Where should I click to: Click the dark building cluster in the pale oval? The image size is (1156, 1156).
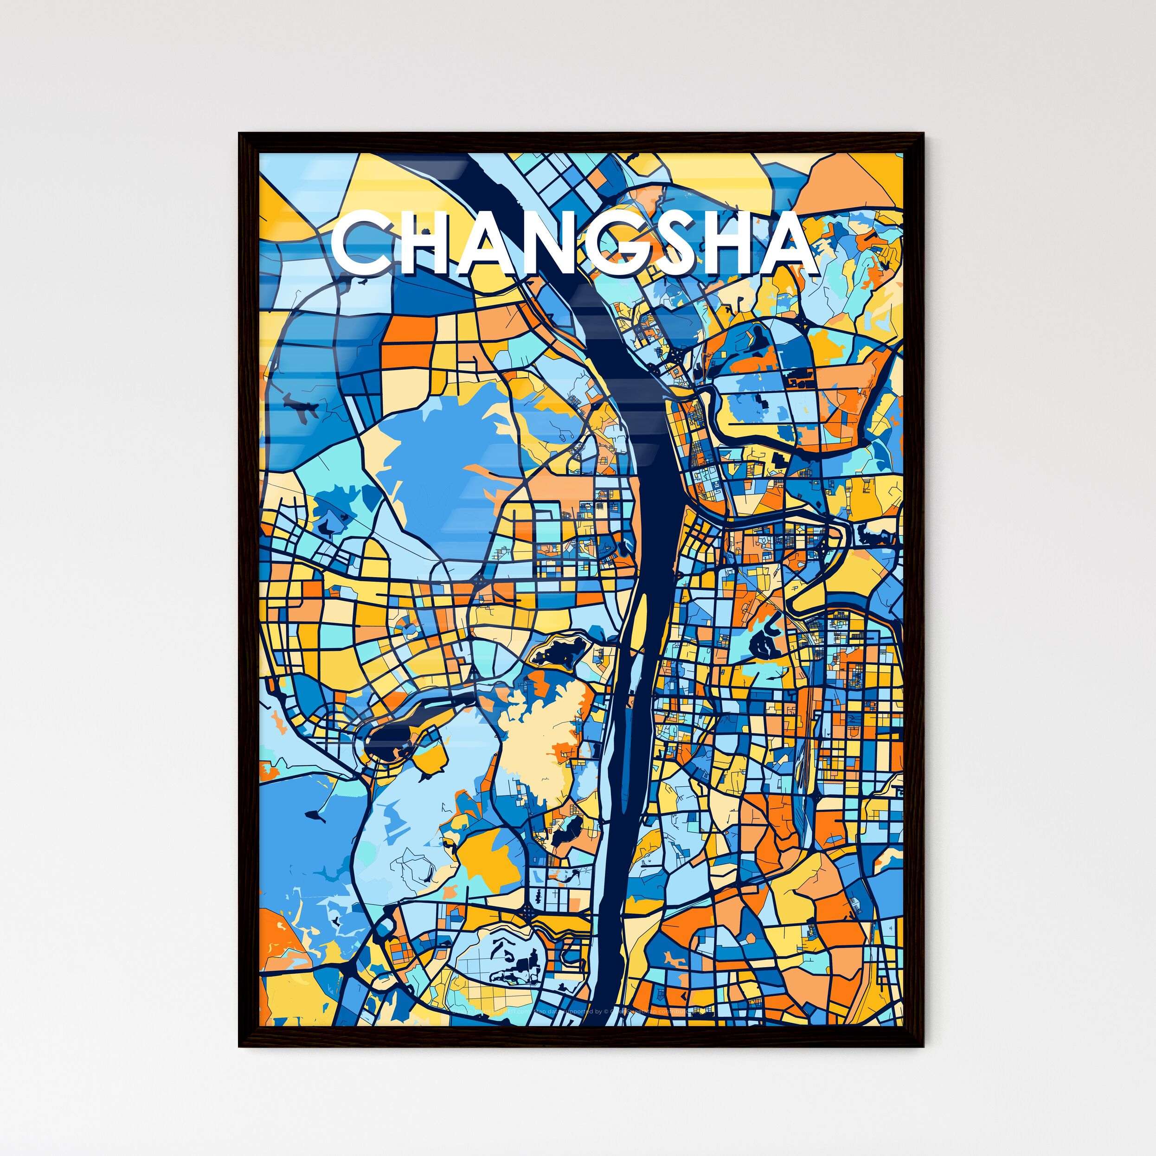coord(514,963)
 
